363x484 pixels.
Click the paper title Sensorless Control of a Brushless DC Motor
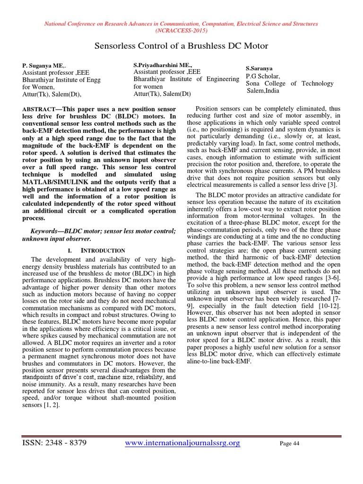click(181, 46)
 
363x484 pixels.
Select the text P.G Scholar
click(263, 76)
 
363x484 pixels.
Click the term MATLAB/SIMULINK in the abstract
click(56, 181)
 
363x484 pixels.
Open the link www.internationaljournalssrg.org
click(183, 443)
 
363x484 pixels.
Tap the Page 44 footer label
click(290, 444)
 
